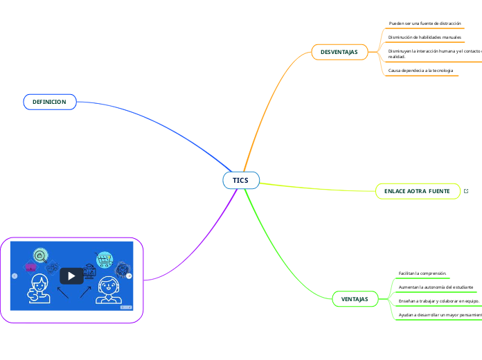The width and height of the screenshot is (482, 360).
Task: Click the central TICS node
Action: [240, 180]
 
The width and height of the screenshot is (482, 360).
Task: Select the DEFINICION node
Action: [49, 102]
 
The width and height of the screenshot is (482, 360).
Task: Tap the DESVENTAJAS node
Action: [339, 52]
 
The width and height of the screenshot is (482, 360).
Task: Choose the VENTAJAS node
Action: [355, 299]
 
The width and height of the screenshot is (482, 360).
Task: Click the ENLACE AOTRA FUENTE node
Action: [417, 191]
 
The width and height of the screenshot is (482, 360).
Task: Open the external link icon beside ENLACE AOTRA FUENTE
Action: [466, 191]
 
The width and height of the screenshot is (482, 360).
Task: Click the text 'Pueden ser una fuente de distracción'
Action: [425, 24]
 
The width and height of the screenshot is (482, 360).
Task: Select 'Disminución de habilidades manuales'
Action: [425, 37]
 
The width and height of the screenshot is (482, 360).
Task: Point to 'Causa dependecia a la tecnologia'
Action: [421, 71]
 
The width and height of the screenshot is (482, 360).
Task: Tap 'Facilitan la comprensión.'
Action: [422, 273]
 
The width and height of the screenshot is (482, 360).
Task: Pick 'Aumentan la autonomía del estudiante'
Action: [436, 287]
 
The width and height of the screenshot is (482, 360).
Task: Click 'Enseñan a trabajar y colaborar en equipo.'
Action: [438, 301]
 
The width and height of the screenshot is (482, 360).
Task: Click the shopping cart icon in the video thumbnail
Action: [105, 260]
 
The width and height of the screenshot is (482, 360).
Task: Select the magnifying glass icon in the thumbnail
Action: [41, 255]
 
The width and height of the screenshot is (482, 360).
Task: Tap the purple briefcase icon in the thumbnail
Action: [30, 267]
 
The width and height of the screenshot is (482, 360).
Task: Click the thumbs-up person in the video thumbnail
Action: [38, 290]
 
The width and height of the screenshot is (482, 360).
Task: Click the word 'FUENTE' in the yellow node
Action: [438, 191]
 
